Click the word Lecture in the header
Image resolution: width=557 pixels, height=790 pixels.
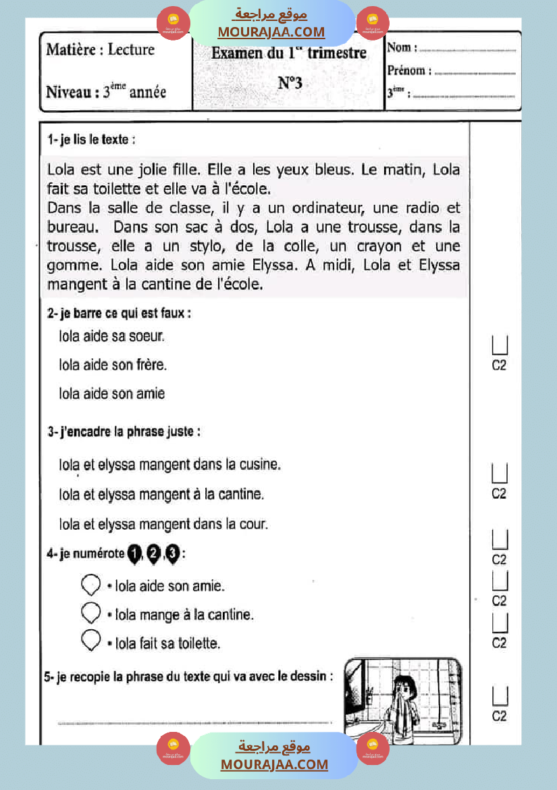(131, 49)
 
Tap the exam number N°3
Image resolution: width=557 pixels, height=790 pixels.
(290, 83)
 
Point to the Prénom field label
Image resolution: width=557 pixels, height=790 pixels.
(406, 70)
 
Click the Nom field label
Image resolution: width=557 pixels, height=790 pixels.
(401, 48)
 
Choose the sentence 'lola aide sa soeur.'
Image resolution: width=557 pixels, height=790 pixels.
(112, 335)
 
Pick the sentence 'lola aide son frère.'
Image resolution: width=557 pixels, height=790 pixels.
(113, 365)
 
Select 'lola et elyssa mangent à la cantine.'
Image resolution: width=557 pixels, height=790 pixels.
(161, 494)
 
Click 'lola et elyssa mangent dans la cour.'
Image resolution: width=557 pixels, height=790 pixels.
(164, 524)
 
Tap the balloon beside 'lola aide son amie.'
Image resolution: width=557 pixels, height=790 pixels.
(90, 584)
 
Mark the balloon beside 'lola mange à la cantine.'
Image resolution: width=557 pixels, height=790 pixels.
(90, 612)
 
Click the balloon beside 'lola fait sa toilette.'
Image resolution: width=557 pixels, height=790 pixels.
(90, 640)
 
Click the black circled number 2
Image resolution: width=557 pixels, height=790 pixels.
(153, 555)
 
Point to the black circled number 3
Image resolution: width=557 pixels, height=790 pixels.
(173, 555)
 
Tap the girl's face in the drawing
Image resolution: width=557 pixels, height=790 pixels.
(404, 687)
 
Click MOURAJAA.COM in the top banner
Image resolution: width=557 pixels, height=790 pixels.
(271, 32)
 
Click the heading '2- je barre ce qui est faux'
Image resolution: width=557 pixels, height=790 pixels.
(119, 314)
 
